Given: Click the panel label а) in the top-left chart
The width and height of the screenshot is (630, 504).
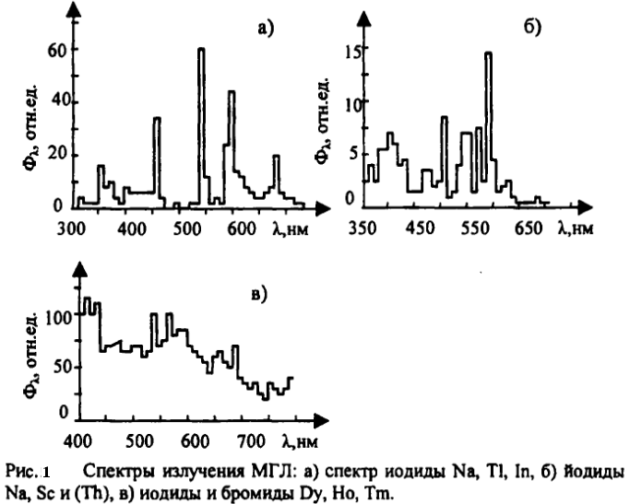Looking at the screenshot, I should tap(266, 29).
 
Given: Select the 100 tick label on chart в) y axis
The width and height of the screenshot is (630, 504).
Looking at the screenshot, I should tap(57, 317).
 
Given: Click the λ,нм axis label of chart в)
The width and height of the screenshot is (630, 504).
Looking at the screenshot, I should tap(298, 440).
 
